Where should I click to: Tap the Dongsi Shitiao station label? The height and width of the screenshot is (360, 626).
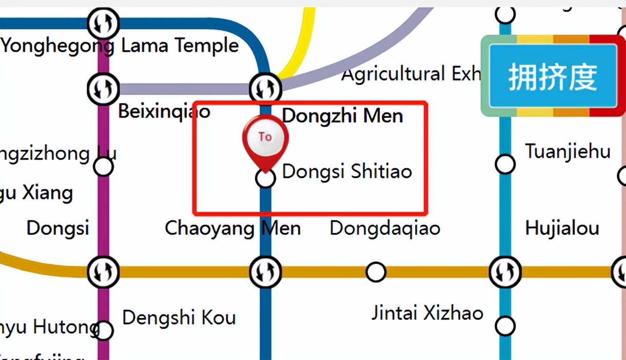coord(347,171)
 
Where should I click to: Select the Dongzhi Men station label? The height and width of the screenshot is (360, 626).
coord(342,116)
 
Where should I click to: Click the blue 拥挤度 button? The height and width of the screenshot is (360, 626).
coord(553,76)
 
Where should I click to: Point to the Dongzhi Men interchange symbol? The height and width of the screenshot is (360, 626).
coord(265,88)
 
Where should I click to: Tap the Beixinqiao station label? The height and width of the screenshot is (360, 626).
coord(164,111)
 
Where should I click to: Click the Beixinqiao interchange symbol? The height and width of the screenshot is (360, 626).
coord(103,88)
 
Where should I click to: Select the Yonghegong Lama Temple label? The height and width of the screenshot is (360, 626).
coord(120,46)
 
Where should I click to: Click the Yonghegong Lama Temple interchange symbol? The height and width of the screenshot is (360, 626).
coord(103,23)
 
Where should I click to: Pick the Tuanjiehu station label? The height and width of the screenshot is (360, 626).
coord(568,152)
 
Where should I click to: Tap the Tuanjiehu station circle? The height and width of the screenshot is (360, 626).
coord(505,165)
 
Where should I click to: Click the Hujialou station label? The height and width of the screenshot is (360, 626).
coord(562,228)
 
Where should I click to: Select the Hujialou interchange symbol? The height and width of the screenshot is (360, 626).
coord(505,272)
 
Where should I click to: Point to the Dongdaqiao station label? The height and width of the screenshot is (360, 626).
coord(385,228)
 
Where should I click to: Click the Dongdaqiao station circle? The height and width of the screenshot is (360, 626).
coord(376,272)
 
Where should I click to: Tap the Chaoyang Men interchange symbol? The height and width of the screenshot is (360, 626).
coord(265,272)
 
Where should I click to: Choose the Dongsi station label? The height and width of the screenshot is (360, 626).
coord(57,228)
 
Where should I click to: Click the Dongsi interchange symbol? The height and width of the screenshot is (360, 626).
coord(103,272)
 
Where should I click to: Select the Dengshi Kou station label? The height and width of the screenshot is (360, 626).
coord(179,317)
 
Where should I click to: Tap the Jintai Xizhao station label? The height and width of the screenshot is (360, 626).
coord(427,312)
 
